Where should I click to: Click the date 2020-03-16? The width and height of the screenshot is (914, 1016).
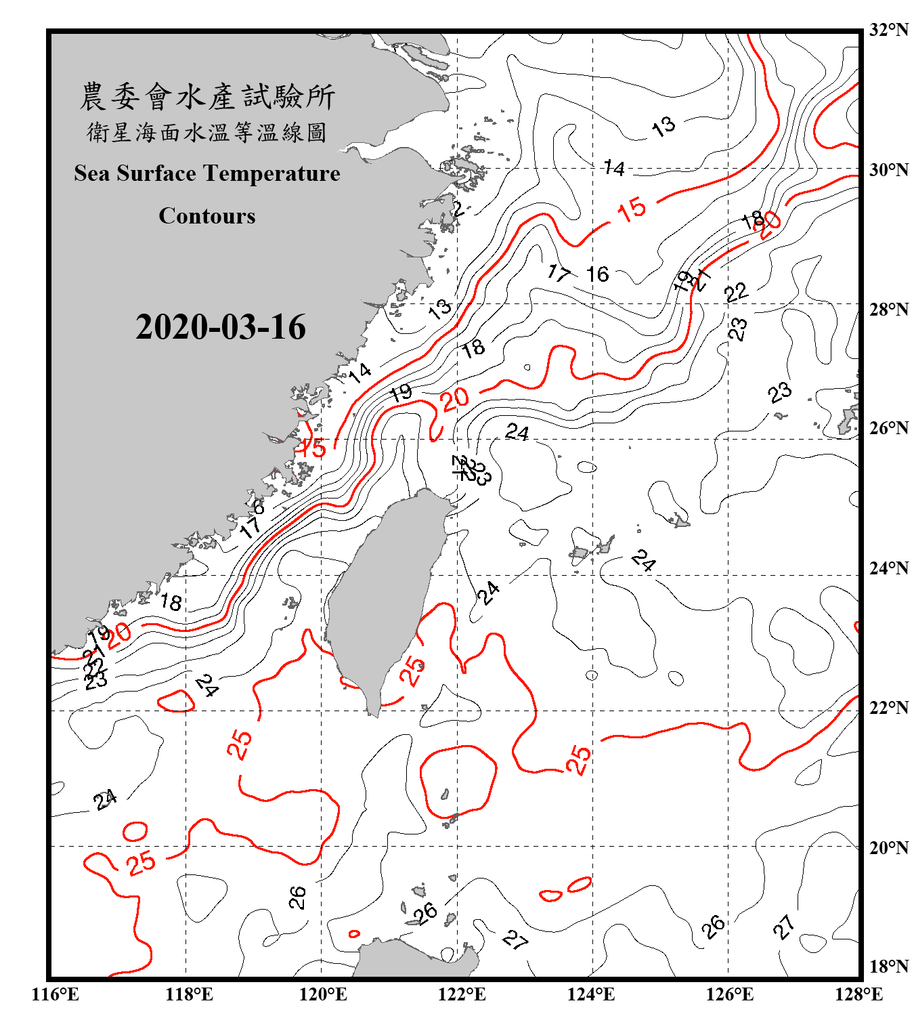click(x=221, y=327)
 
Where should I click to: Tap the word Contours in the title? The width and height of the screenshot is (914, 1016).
click(x=207, y=216)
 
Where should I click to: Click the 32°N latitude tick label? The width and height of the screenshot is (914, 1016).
click(x=888, y=30)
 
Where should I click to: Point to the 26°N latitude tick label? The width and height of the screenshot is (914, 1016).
click(x=888, y=428)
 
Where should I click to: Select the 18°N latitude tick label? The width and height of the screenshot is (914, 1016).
click(x=888, y=967)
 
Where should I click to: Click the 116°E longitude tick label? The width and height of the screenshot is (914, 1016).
click(x=56, y=994)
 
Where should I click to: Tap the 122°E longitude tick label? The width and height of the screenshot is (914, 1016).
click(x=462, y=994)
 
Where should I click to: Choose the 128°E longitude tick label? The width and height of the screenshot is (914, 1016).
click(x=858, y=994)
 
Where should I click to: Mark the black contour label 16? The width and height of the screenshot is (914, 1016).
click(x=597, y=274)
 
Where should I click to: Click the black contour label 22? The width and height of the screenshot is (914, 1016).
click(x=737, y=293)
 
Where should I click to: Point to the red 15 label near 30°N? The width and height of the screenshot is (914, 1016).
click(x=632, y=209)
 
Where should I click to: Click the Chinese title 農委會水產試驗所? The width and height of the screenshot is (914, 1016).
click(x=207, y=97)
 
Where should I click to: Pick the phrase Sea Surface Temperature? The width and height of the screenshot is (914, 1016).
click(x=207, y=173)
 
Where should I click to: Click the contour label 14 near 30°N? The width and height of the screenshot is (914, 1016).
click(x=614, y=167)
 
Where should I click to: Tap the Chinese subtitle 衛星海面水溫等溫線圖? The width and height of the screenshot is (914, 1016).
click(x=207, y=132)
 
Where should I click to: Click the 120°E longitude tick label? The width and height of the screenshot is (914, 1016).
click(x=323, y=994)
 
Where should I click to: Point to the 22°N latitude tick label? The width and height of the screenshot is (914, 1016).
click(x=888, y=708)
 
